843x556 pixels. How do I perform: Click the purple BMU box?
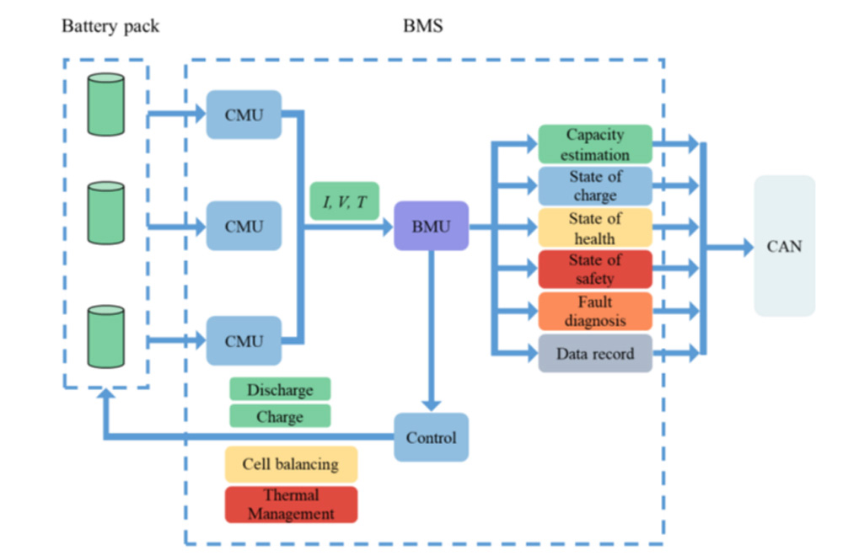pyautogui.click(x=431, y=226)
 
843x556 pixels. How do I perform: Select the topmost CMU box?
pyautogui.click(x=244, y=115)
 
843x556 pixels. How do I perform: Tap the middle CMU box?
pyautogui.click(x=244, y=226)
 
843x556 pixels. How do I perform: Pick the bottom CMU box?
pyautogui.click(x=244, y=340)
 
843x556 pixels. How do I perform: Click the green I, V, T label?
pyautogui.click(x=344, y=200)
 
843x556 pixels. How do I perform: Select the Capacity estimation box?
pyautogui.click(x=595, y=144)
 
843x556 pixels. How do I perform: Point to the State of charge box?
pyautogui.click(x=595, y=185)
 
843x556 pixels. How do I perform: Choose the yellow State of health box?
pyautogui.click(x=595, y=227)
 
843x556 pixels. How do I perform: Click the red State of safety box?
pyautogui.click(x=595, y=269)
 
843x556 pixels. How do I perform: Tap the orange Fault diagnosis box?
pyautogui.click(x=595, y=311)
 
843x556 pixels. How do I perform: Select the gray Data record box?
pyautogui.click(x=595, y=353)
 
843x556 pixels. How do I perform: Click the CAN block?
pyautogui.click(x=784, y=246)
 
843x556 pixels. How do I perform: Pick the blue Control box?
pyautogui.click(x=431, y=437)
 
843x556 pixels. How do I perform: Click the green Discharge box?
pyautogui.click(x=280, y=389)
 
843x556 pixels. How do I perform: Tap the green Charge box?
pyautogui.click(x=280, y=416)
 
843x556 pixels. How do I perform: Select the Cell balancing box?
pyautogui.click(x=291, y=464)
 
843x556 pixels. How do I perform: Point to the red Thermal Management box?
pyautogui.click(x=291, y=504)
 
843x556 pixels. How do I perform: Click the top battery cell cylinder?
pyautogui.click(x=106, y=104)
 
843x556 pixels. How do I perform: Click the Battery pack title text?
pyautogui.click(x=110, y=26)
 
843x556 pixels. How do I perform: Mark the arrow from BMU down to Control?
pyautogui.click(x=431, y=329)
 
